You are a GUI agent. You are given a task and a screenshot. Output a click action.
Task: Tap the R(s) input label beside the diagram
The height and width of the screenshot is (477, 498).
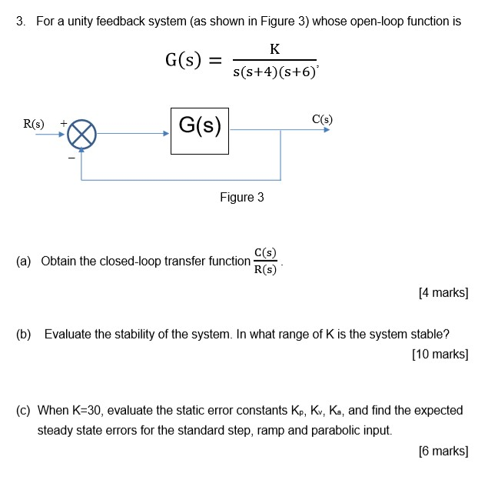34,123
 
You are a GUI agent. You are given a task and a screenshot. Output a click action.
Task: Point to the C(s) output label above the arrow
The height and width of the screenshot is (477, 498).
322,119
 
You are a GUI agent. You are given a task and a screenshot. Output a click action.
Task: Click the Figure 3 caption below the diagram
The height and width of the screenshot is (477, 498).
241,198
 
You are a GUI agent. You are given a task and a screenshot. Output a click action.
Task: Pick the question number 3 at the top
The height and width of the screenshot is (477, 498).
20,22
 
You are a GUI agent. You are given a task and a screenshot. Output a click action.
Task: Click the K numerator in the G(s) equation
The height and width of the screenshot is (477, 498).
275,50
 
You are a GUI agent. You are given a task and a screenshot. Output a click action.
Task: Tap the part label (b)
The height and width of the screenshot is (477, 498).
25,335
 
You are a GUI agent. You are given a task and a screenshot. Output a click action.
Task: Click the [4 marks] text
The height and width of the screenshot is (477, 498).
443,293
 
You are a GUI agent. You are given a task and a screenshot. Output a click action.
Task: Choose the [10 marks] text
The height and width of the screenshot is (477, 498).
440,355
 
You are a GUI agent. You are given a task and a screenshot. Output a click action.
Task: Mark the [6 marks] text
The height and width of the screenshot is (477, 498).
443,451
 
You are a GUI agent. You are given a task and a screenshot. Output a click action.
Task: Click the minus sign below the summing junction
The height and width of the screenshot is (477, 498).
72,157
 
